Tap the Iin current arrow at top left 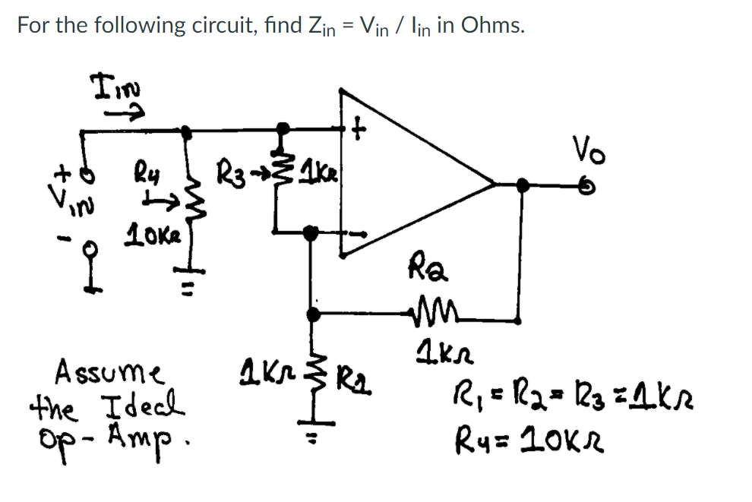(x=125, y=114)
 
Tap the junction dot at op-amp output (x=522, y=184)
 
